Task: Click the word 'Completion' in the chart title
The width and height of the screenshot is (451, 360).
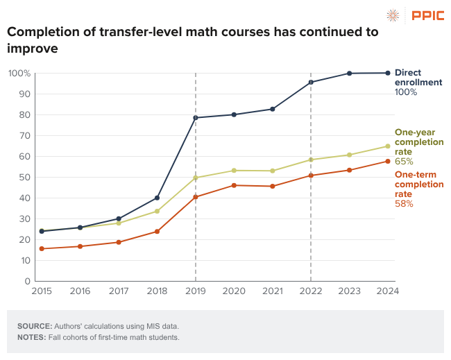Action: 46,33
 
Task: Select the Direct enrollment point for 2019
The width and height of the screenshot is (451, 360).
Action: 196,118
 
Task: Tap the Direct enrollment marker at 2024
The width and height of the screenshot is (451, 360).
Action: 387,73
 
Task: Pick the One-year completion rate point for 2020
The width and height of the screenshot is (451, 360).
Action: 234,171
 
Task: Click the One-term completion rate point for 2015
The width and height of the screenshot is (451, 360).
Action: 42,248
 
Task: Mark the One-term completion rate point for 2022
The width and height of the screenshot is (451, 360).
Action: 310,175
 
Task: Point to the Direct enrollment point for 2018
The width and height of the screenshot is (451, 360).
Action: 157,198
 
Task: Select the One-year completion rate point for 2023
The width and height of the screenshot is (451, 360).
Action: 349,155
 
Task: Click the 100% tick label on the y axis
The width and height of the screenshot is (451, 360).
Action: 19,73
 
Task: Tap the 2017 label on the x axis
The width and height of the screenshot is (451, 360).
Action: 119,291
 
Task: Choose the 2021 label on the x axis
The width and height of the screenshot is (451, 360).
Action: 272,291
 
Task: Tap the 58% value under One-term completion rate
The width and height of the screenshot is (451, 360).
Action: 404,204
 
